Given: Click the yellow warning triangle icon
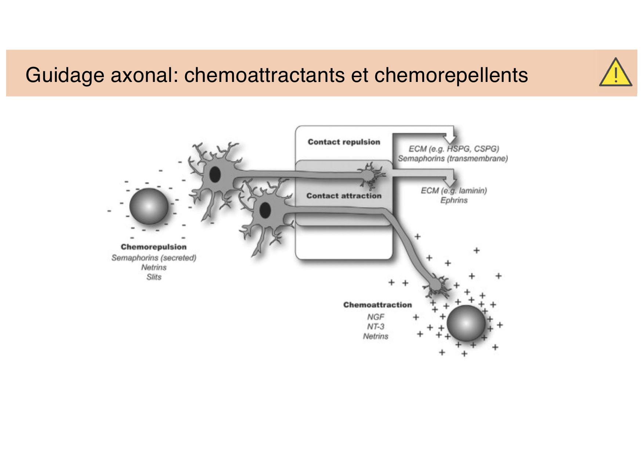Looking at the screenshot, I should [x=615, y=73].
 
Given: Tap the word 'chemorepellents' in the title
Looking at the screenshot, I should [x=451, y=75].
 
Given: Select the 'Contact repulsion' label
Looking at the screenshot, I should [x=344, y=142].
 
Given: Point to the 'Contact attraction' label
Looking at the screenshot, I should [x=344, y=196].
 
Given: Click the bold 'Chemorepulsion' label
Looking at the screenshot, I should [x=153, y=247].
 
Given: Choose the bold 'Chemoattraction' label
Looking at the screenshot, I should [x=377, y=305].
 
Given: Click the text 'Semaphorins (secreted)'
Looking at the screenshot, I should [x=154, y=258].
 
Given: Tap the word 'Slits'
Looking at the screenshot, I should [x=154, y=277].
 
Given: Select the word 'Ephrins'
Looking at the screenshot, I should [x=454, y=200].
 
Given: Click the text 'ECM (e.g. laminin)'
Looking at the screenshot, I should [x=454, y=191].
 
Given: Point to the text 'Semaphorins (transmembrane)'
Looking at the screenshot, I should [x=453, y=159].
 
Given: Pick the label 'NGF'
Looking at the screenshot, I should [x=376, y=317].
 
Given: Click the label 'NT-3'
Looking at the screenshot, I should [x=376, y=327].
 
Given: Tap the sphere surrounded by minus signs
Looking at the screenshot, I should [x=149, y=206].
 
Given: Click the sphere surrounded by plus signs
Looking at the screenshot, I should [x=466, y=323].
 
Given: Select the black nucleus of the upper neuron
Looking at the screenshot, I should [x=215, y=175].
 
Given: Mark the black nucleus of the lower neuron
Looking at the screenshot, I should [x=265, y=211].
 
